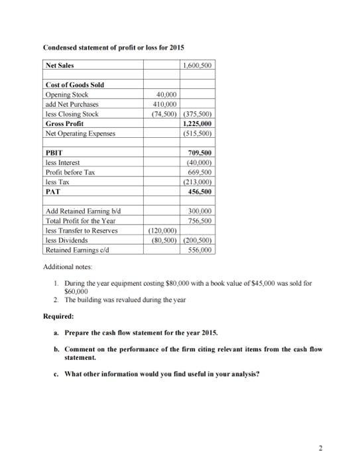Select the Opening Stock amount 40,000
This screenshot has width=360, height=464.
(163, 95)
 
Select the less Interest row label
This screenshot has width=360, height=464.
(62, 162)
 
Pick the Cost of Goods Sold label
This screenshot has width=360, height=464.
(75, 85)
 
